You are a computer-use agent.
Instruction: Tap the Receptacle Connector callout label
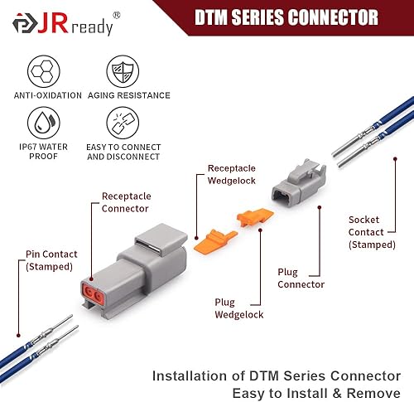coord(126,201)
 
